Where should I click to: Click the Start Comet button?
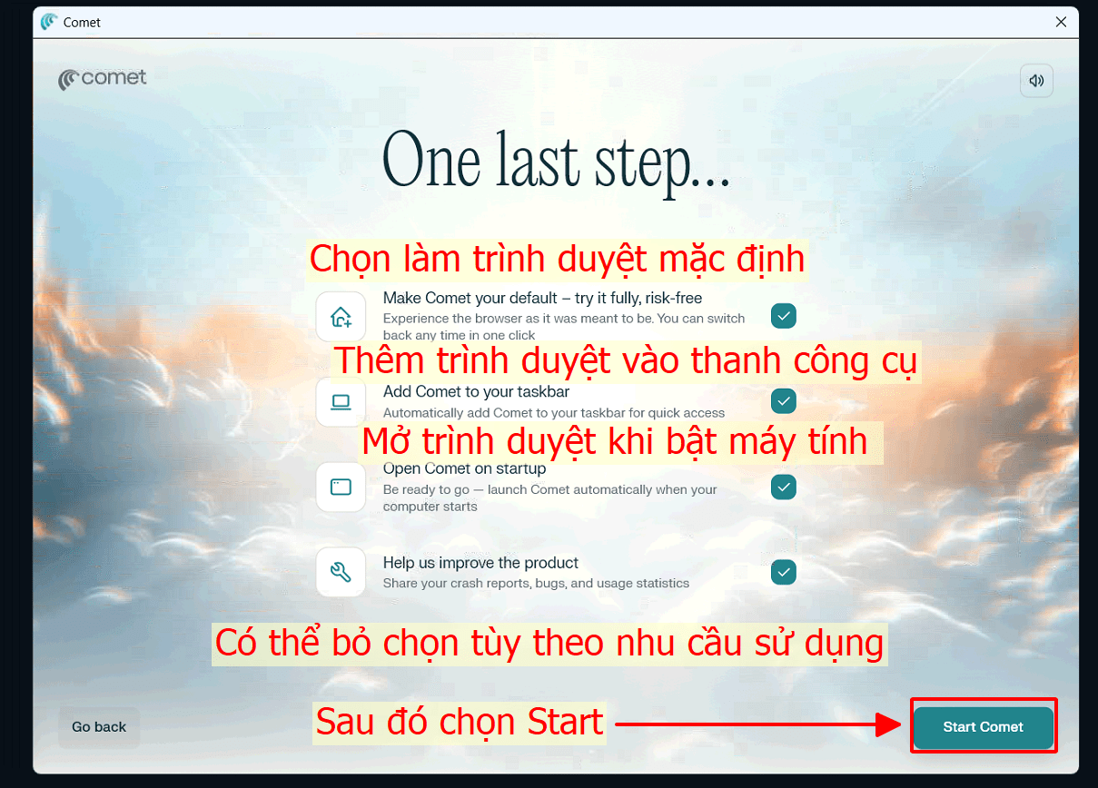(x=983, y=727)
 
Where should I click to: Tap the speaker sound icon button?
(x=1036, y=80)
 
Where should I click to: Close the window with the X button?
(x=1061, y=23)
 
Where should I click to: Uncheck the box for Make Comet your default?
(x=783, y=316)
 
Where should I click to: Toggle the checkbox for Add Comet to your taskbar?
(x=783, y=400)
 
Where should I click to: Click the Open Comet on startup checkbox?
(x=783, y=487)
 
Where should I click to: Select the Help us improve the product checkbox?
(x=783, y=572)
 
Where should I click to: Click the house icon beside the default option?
(x=341, y=317)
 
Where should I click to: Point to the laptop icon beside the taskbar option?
(x=341, y=401)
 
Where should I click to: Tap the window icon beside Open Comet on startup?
(x=341, y=488)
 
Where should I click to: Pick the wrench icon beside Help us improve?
(x=341, y=572)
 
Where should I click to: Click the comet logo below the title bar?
(x=102, y=79)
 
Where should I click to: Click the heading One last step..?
(x=556, y=162)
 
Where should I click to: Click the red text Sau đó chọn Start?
(x=460, y=723)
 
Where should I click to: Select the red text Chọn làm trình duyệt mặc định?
(x=557, y=260)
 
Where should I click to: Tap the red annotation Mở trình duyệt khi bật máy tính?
(x=615, y=442)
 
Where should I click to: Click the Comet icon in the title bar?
(x=48, y=23)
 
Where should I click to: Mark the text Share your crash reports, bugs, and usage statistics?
(x=536, y=584)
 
